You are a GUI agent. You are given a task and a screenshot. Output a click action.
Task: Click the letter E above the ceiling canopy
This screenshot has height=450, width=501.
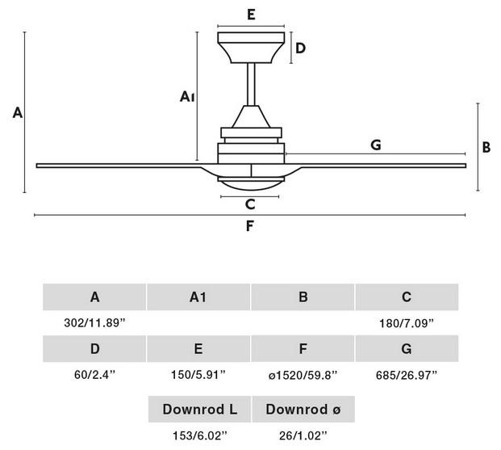[251, 15]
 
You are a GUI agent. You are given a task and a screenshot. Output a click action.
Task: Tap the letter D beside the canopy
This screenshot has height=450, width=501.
[300, 48]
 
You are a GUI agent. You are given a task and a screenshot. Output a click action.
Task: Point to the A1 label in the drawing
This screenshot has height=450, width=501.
[187, 96]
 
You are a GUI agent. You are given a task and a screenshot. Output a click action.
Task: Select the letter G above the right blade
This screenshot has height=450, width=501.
[376, 145]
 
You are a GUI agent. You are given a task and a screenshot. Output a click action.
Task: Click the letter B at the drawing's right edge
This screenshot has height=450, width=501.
[486, 148]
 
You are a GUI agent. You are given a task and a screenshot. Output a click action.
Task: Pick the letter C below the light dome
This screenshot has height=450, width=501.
[250, 204]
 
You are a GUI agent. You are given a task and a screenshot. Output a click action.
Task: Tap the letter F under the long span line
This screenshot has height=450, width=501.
[250, 226]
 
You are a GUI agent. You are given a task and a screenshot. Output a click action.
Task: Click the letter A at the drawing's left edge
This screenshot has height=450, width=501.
[18, 112]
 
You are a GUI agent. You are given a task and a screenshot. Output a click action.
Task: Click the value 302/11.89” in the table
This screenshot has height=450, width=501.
[94, 322]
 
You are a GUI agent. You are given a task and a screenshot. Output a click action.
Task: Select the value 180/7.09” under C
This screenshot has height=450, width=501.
[407, 323]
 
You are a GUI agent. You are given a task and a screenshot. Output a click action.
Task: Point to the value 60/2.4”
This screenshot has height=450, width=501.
[94, 374]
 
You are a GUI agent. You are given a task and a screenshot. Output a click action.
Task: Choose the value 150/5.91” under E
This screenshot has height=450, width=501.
[198, 374]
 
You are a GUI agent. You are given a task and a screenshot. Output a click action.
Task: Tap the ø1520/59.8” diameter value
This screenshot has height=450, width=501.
[303, 375]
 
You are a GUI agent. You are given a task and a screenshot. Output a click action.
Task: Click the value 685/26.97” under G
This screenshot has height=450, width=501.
[407, 375]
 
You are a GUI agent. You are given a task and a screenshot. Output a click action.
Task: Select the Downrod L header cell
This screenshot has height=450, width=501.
[200, 409]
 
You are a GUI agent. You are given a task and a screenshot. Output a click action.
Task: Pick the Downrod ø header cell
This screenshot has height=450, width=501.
[303, 409]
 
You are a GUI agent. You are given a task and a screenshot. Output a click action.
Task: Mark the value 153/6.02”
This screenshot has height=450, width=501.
[200, 435]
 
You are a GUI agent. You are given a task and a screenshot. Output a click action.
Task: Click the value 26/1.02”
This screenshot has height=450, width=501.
[303, 435]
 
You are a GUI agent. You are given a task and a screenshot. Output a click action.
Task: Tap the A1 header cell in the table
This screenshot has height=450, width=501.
[198, 297]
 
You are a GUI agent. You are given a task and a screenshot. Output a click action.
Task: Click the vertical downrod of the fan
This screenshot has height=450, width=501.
[251, 84]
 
